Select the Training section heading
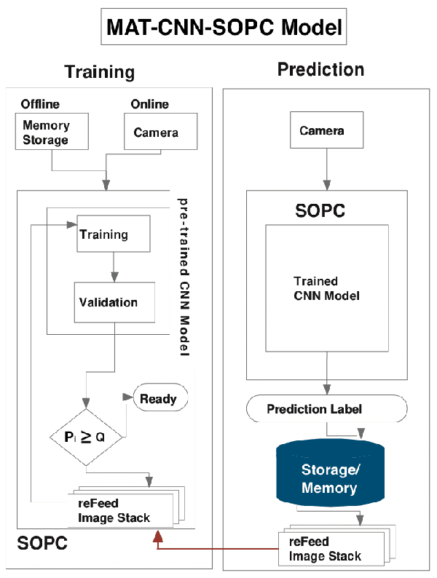pyautogui.click(x=99, y=71)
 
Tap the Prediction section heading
pyautogui.click(x=320, y=70)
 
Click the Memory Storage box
pyautogui.click(x=51, y=132)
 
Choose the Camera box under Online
pyautogui.click(x=156, y=133)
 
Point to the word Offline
pyautogui.click(x=40, y=103)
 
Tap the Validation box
pyautogui.click(x=114, y=302)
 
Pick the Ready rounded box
pyautogui.click(x=158, y=399)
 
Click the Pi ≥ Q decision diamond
pyautogui.click(x=86, y=438)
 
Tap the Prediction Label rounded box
pyautogui.click(x=326, y=409)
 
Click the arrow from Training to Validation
pyautogui.click(x=113, y=266)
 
